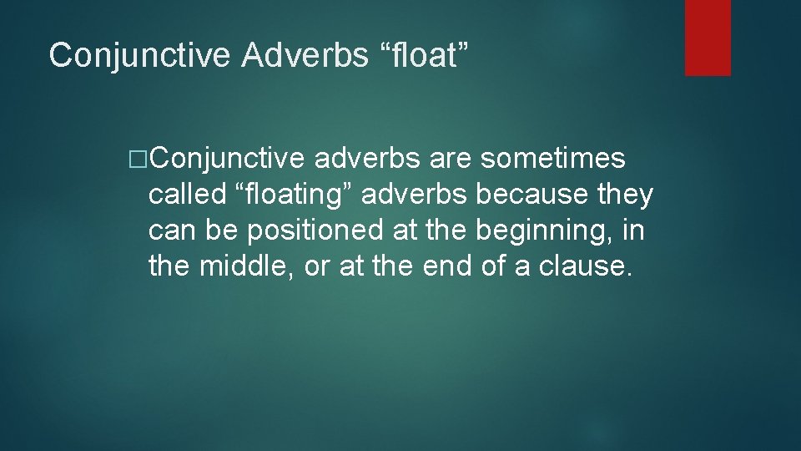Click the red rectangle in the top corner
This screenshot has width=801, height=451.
(x=708, y=38)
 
